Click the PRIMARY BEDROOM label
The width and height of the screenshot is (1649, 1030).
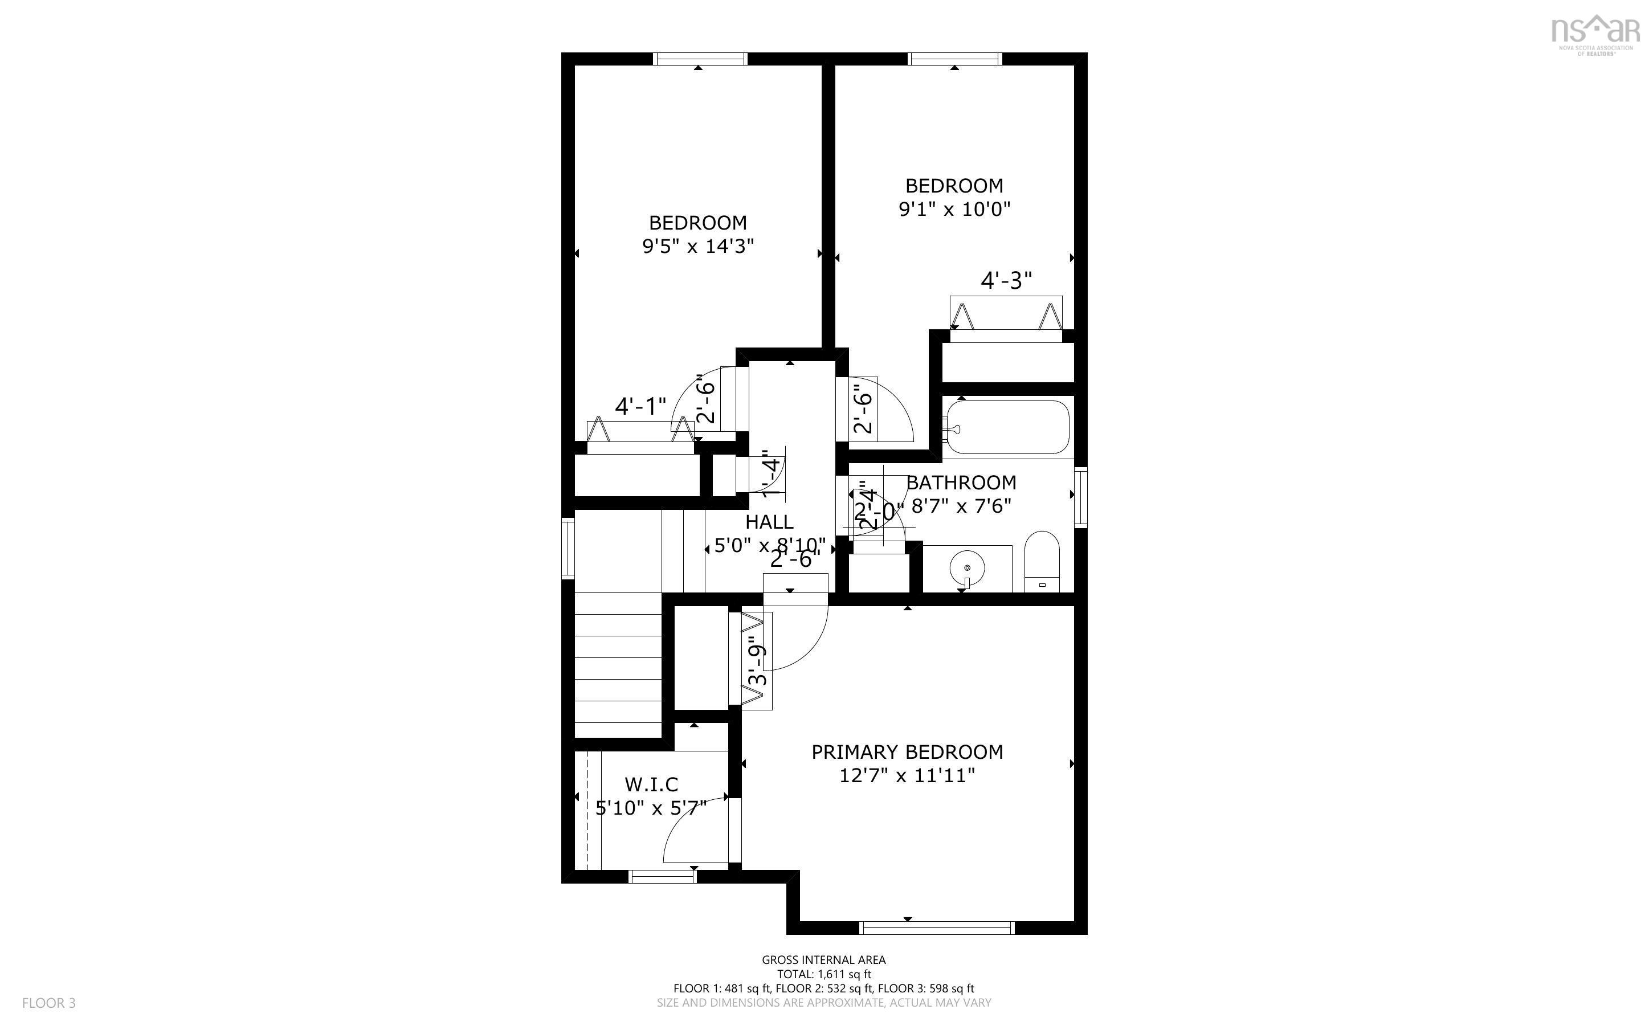point(907,752)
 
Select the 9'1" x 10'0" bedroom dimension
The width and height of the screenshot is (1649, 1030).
point(954,209)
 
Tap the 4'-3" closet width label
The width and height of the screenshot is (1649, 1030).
point(1006,280)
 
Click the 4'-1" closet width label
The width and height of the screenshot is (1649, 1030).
point(640,407)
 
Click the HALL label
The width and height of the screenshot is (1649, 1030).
point(769,522)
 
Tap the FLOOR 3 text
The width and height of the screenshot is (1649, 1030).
point(49,1003)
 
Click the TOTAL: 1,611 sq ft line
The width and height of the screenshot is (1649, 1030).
point(823,974)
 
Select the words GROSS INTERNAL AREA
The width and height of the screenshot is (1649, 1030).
point(823,960)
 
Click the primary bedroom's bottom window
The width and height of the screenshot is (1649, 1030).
point(937,928)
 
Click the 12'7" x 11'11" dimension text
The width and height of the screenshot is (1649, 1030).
point(907,776)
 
